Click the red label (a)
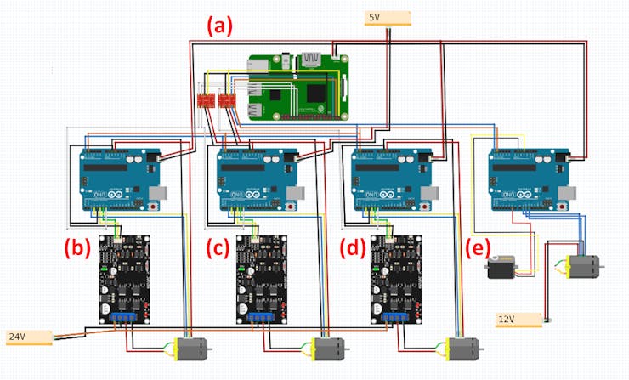click(220, 26)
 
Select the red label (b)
click(76, 249)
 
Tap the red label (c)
click(218, 249)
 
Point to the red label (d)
click(351, 249)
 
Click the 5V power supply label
click(388, 18)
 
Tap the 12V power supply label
click(518, 320)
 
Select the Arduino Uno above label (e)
click(527, 179)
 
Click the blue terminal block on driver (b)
click(125, 318)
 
